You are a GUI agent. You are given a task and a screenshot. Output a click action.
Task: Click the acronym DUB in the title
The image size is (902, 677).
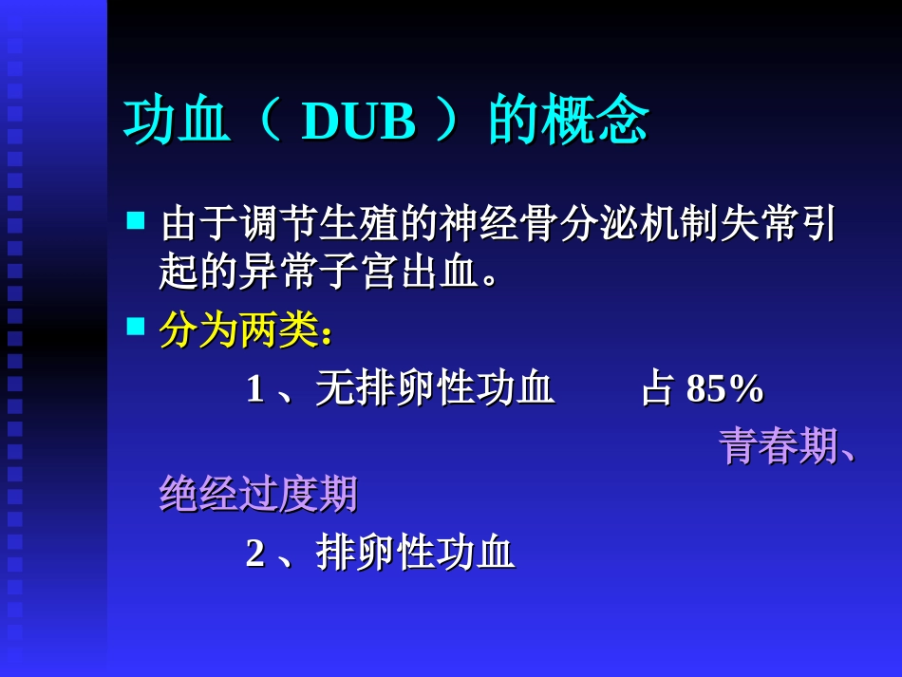click(359, 122)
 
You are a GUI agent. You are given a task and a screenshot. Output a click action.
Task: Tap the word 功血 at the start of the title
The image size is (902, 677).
click(178, 122)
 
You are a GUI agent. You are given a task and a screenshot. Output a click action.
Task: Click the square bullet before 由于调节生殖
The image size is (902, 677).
click(136, 221)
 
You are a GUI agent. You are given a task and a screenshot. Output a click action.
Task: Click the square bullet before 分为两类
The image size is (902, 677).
click(136, 328)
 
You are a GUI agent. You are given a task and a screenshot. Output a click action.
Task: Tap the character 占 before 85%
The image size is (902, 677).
click(657, 389)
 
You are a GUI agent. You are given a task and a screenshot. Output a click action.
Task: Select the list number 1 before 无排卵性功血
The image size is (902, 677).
click(254, 389)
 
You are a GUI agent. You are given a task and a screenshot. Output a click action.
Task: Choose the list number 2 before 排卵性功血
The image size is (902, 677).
click(254, 553)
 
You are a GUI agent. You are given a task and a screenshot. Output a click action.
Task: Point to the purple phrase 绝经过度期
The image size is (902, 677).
click(258, 494)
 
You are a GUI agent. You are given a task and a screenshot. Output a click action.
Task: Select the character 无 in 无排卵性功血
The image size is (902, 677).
click(335, 389)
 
